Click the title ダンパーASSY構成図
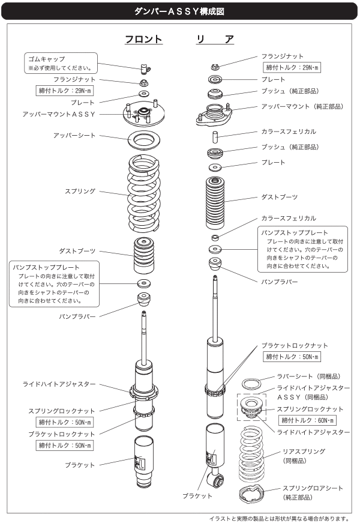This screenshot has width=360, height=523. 179,11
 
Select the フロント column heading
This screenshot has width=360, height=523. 143,39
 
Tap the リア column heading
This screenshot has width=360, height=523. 215,39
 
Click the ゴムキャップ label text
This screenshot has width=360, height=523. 46,59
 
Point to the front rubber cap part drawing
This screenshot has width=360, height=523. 145,68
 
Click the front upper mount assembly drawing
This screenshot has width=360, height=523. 144,113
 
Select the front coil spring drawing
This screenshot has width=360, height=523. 144,193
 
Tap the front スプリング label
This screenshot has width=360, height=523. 80,191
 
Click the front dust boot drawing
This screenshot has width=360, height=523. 144,255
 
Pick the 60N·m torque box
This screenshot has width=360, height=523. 307,420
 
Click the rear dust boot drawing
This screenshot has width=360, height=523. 215,202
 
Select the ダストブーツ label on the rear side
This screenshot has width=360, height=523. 280,197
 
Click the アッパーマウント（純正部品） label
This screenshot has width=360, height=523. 302,106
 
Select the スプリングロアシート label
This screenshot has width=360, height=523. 313,488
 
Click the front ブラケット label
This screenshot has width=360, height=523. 80,465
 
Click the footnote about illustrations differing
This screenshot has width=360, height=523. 280,519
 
